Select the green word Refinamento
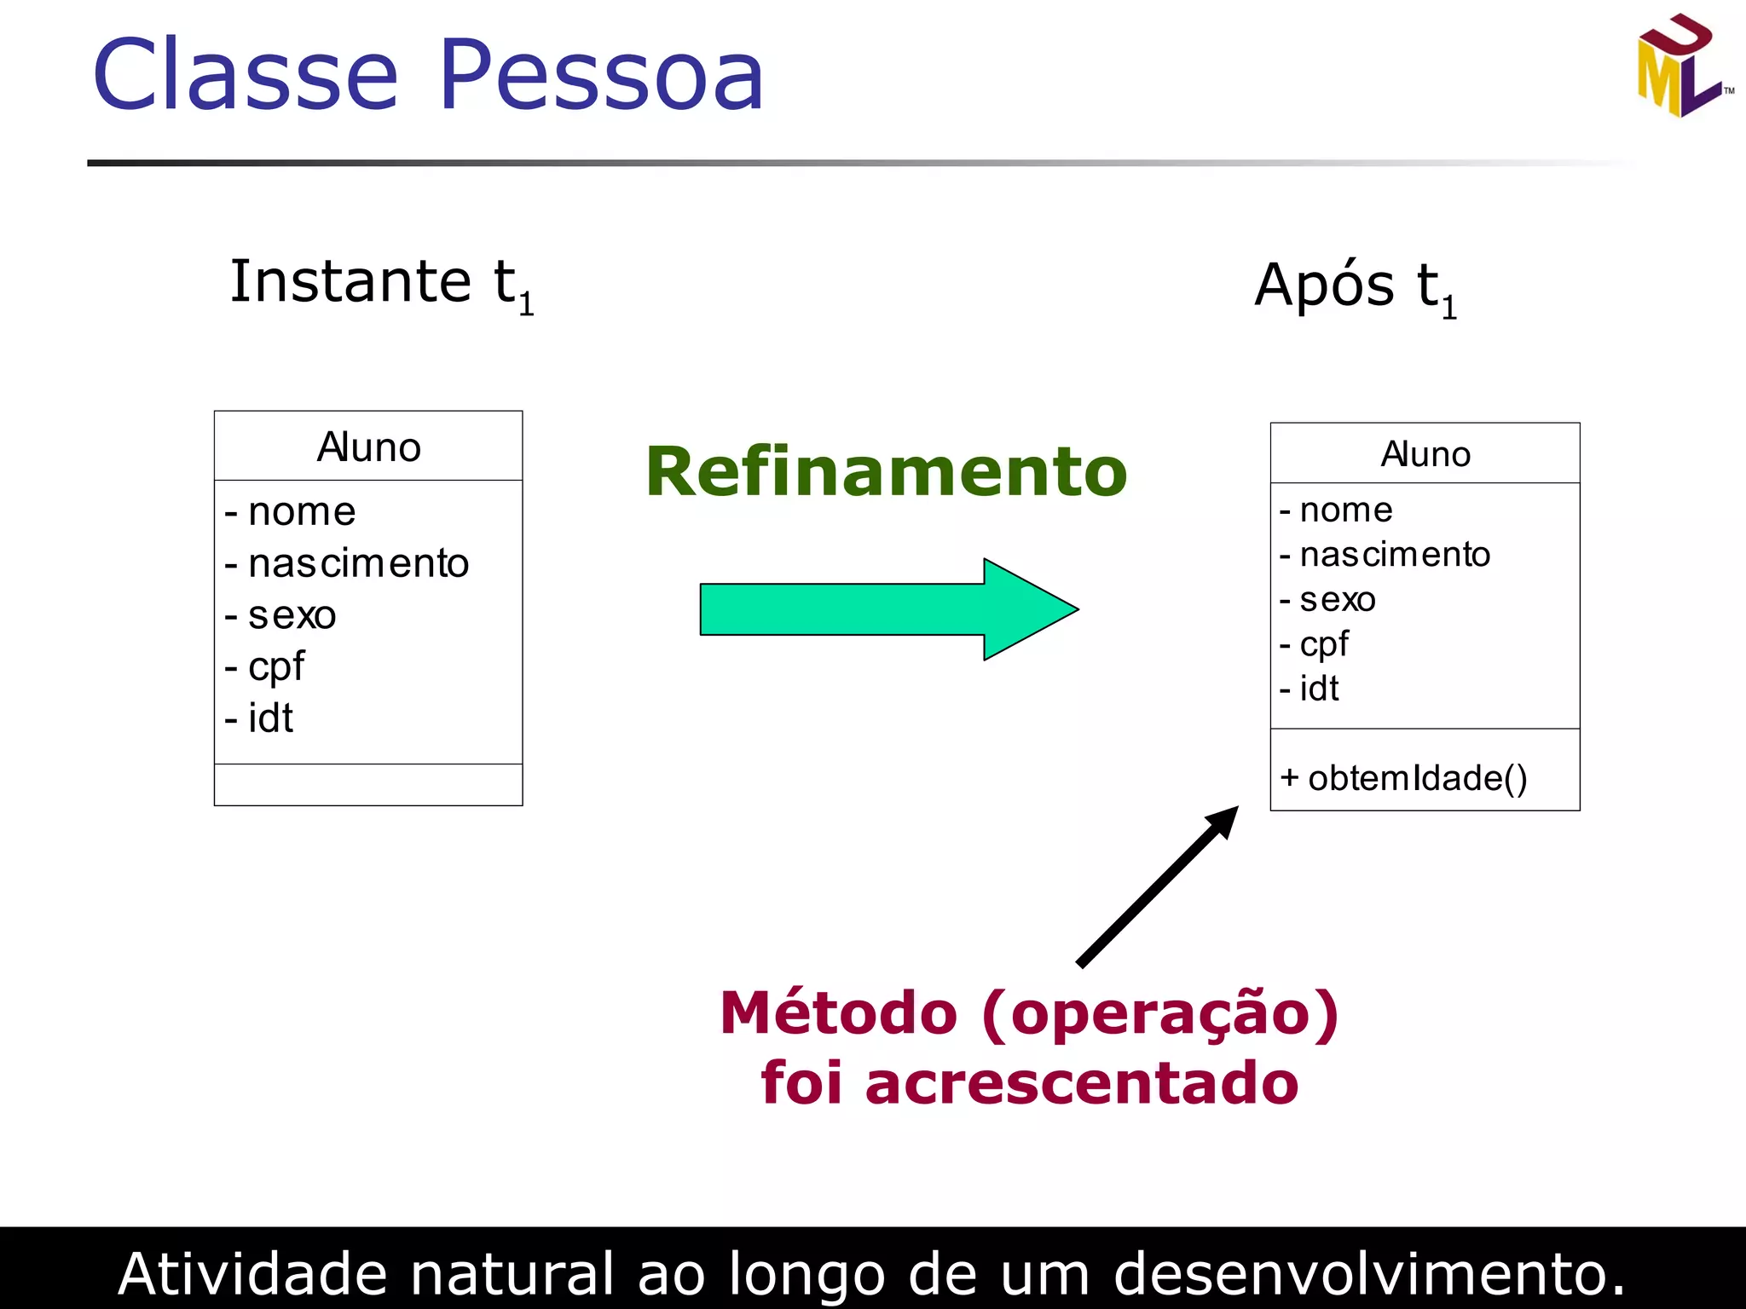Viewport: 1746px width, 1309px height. click(886, 472)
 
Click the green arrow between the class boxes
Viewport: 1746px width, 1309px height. click(887, 609)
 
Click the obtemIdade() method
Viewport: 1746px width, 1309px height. click(1404, 778)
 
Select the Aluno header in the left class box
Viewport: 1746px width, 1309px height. click(368, 447)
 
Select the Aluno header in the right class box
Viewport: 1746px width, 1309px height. click(1425, 454)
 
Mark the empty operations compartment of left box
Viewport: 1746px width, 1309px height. click(368, 785)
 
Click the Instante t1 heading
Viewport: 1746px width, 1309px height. click(381, 283)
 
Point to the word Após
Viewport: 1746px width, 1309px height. click(1324, 286)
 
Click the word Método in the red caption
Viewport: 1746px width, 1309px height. click(838, 1013)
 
